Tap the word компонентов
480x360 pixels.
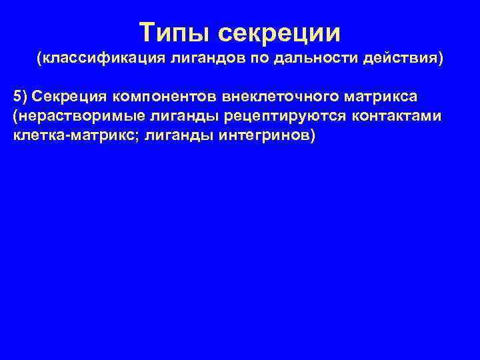(155, 99)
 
